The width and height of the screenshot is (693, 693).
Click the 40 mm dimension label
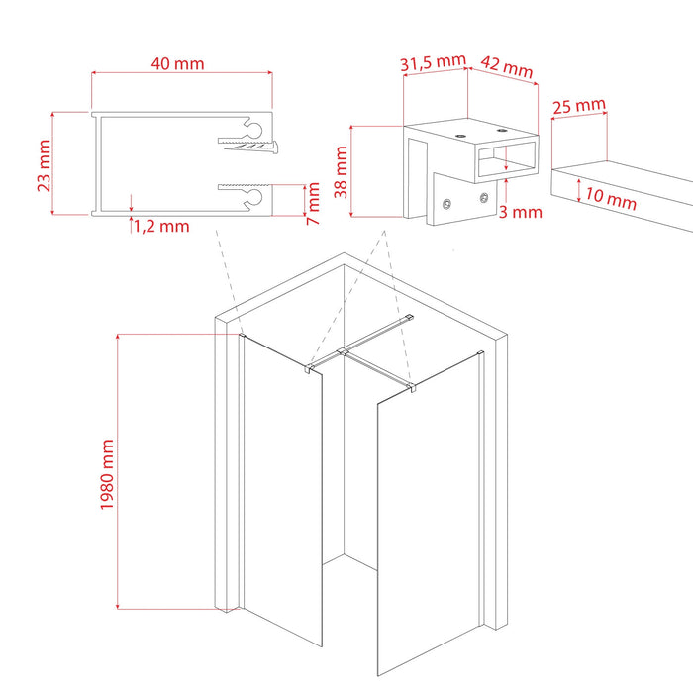179,63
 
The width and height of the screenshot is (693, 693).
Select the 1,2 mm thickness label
160,226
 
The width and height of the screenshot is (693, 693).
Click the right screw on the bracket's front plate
484,198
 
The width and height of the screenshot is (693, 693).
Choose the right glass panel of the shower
431,525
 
